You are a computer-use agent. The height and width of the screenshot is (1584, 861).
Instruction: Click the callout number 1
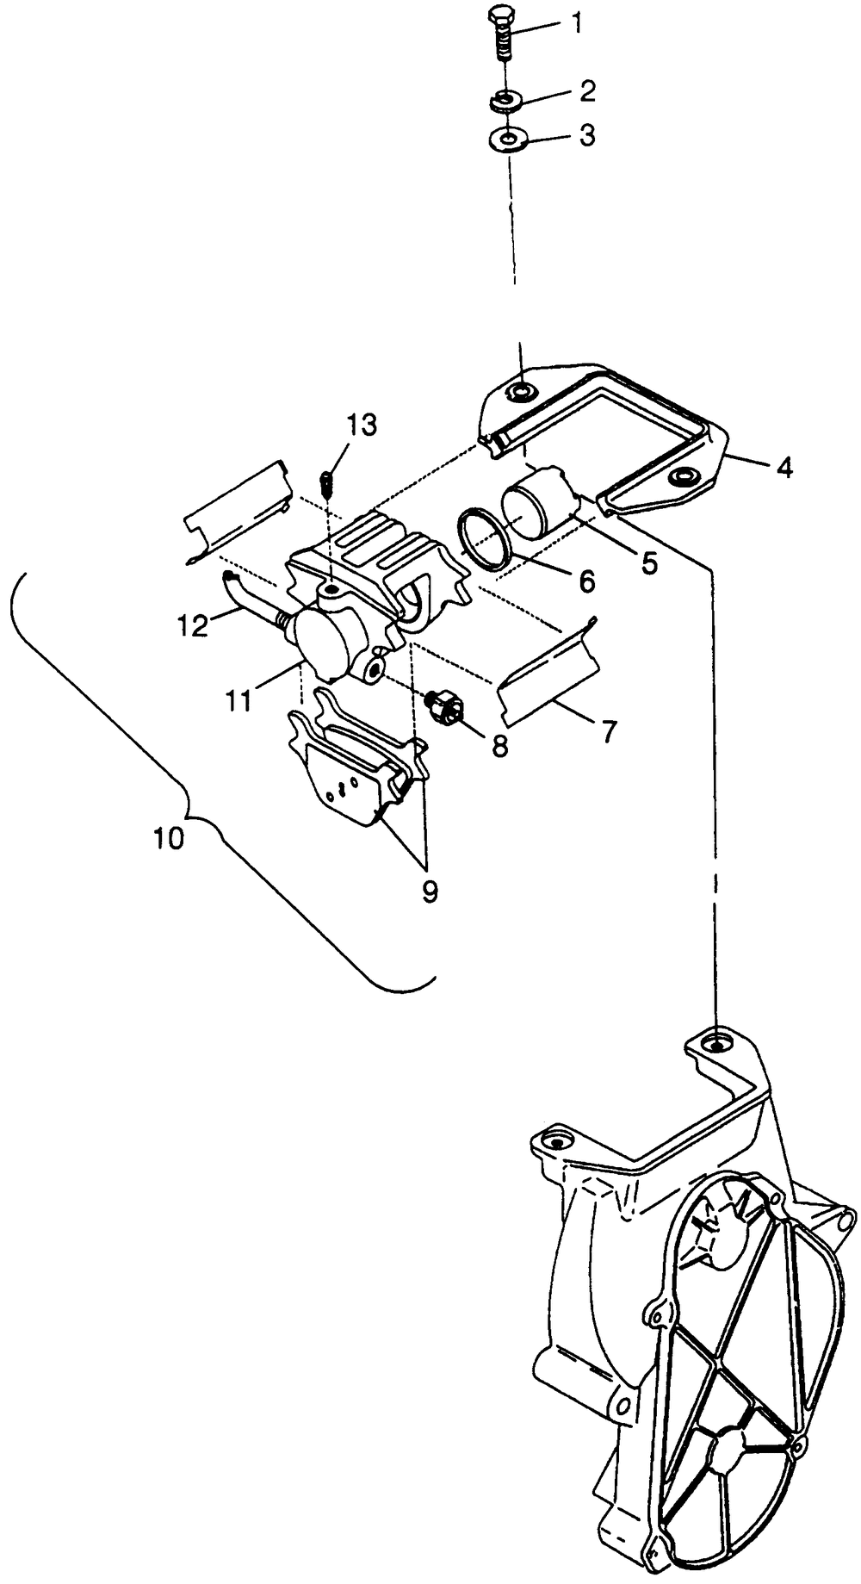(x=577, y=23)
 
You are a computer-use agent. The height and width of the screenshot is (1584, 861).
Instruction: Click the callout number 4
(x=784, y=468)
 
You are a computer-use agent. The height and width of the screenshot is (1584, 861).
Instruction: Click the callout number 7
(x=608, y=731)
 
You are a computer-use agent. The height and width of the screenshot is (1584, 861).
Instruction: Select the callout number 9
(x=429, y=891)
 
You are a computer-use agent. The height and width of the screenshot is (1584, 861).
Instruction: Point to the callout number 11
(x=239, y=699)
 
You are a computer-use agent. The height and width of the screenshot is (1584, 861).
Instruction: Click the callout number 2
(x=587, y=90)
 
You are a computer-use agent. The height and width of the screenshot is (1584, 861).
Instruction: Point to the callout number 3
(x=587, y=135)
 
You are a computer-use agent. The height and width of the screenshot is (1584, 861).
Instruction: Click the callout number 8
(x=499, y=745)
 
